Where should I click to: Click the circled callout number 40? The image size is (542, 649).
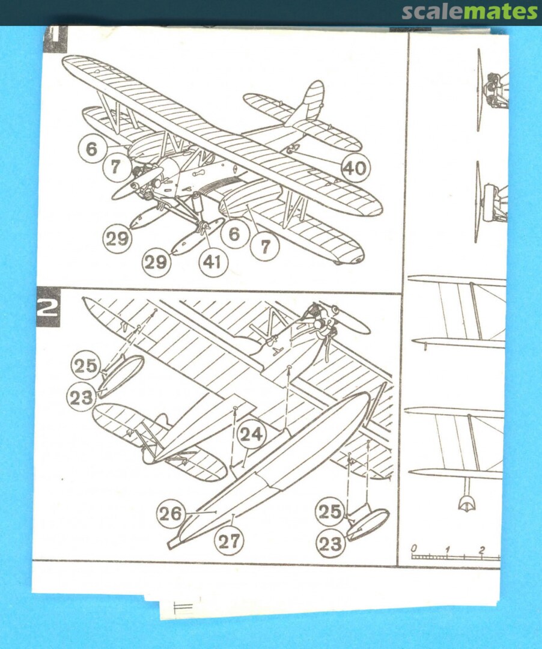355,168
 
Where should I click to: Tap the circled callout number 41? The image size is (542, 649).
213,261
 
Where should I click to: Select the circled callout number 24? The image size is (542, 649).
251,434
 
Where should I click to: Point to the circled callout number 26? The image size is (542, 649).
171,514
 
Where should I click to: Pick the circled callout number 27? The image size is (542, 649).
229,541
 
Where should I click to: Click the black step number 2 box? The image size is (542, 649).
47,307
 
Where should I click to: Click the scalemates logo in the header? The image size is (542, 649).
470,12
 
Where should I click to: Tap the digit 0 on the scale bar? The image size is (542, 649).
414,548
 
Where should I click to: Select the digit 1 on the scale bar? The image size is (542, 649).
447,550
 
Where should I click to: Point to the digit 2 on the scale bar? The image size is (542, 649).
481,550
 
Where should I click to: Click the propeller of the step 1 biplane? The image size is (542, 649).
138,183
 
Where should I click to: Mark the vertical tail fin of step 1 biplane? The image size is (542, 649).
308,103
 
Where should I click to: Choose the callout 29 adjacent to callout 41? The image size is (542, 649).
156,261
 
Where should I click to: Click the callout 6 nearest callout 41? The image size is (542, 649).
234,234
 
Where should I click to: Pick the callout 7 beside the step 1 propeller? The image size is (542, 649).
115,167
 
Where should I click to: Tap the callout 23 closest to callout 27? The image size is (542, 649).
330,543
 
